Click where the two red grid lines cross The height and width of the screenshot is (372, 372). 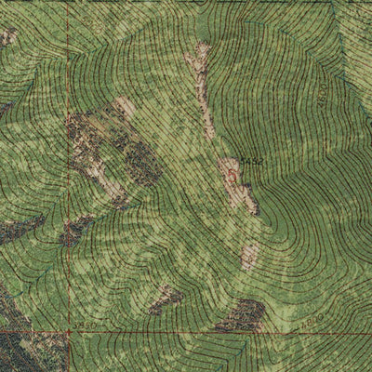point(68,331)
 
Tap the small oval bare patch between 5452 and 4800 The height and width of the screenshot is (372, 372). point(249,255)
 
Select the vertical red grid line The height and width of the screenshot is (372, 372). point(68,186)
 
